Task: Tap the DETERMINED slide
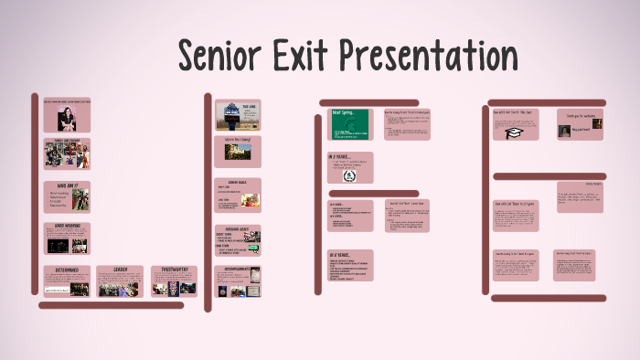67,281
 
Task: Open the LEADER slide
121,281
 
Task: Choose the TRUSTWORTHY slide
174,281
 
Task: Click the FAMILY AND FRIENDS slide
67,154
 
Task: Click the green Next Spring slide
350,124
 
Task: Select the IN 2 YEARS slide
350,167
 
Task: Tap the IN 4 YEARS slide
350,266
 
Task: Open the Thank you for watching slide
580,124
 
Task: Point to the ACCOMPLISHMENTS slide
238,281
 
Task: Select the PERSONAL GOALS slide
238,240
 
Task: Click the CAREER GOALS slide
238,196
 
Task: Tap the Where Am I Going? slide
238,152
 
